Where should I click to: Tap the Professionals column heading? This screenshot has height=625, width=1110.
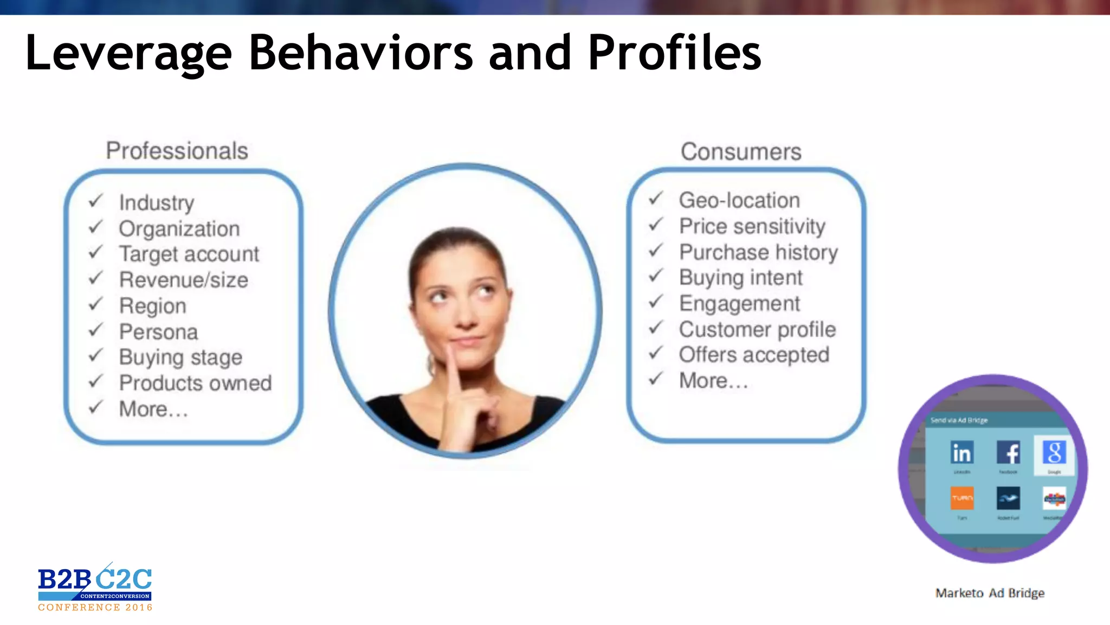pos(177,151)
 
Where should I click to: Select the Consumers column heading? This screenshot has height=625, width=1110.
pos(741,152)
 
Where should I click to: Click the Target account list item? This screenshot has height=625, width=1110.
pos(189,254)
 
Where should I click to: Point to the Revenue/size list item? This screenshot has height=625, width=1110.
pos(184,280)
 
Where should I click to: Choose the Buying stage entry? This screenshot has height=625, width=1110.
pos(180,358)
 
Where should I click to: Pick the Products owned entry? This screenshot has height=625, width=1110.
pos(195,383)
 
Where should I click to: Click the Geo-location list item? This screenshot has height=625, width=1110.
pos(739,201)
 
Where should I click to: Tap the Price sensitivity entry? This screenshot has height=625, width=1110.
pos(752,226)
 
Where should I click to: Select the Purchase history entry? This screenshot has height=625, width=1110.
pos(758,252)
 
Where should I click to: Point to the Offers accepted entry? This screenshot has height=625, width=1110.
pos(754,355)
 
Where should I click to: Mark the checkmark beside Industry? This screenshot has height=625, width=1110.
pos(96,201)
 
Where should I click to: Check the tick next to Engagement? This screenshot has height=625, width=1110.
pos(656,302)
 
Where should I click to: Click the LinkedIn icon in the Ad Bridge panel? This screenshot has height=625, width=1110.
pos(962,452)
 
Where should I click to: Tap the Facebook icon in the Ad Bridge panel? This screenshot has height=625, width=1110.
pos(1008,452)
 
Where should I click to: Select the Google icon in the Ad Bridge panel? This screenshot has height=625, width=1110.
pos(1054,452)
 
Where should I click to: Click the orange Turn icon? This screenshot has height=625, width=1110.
pos(962,498)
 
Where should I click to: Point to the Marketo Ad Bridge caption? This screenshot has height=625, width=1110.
pos(990,593)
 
